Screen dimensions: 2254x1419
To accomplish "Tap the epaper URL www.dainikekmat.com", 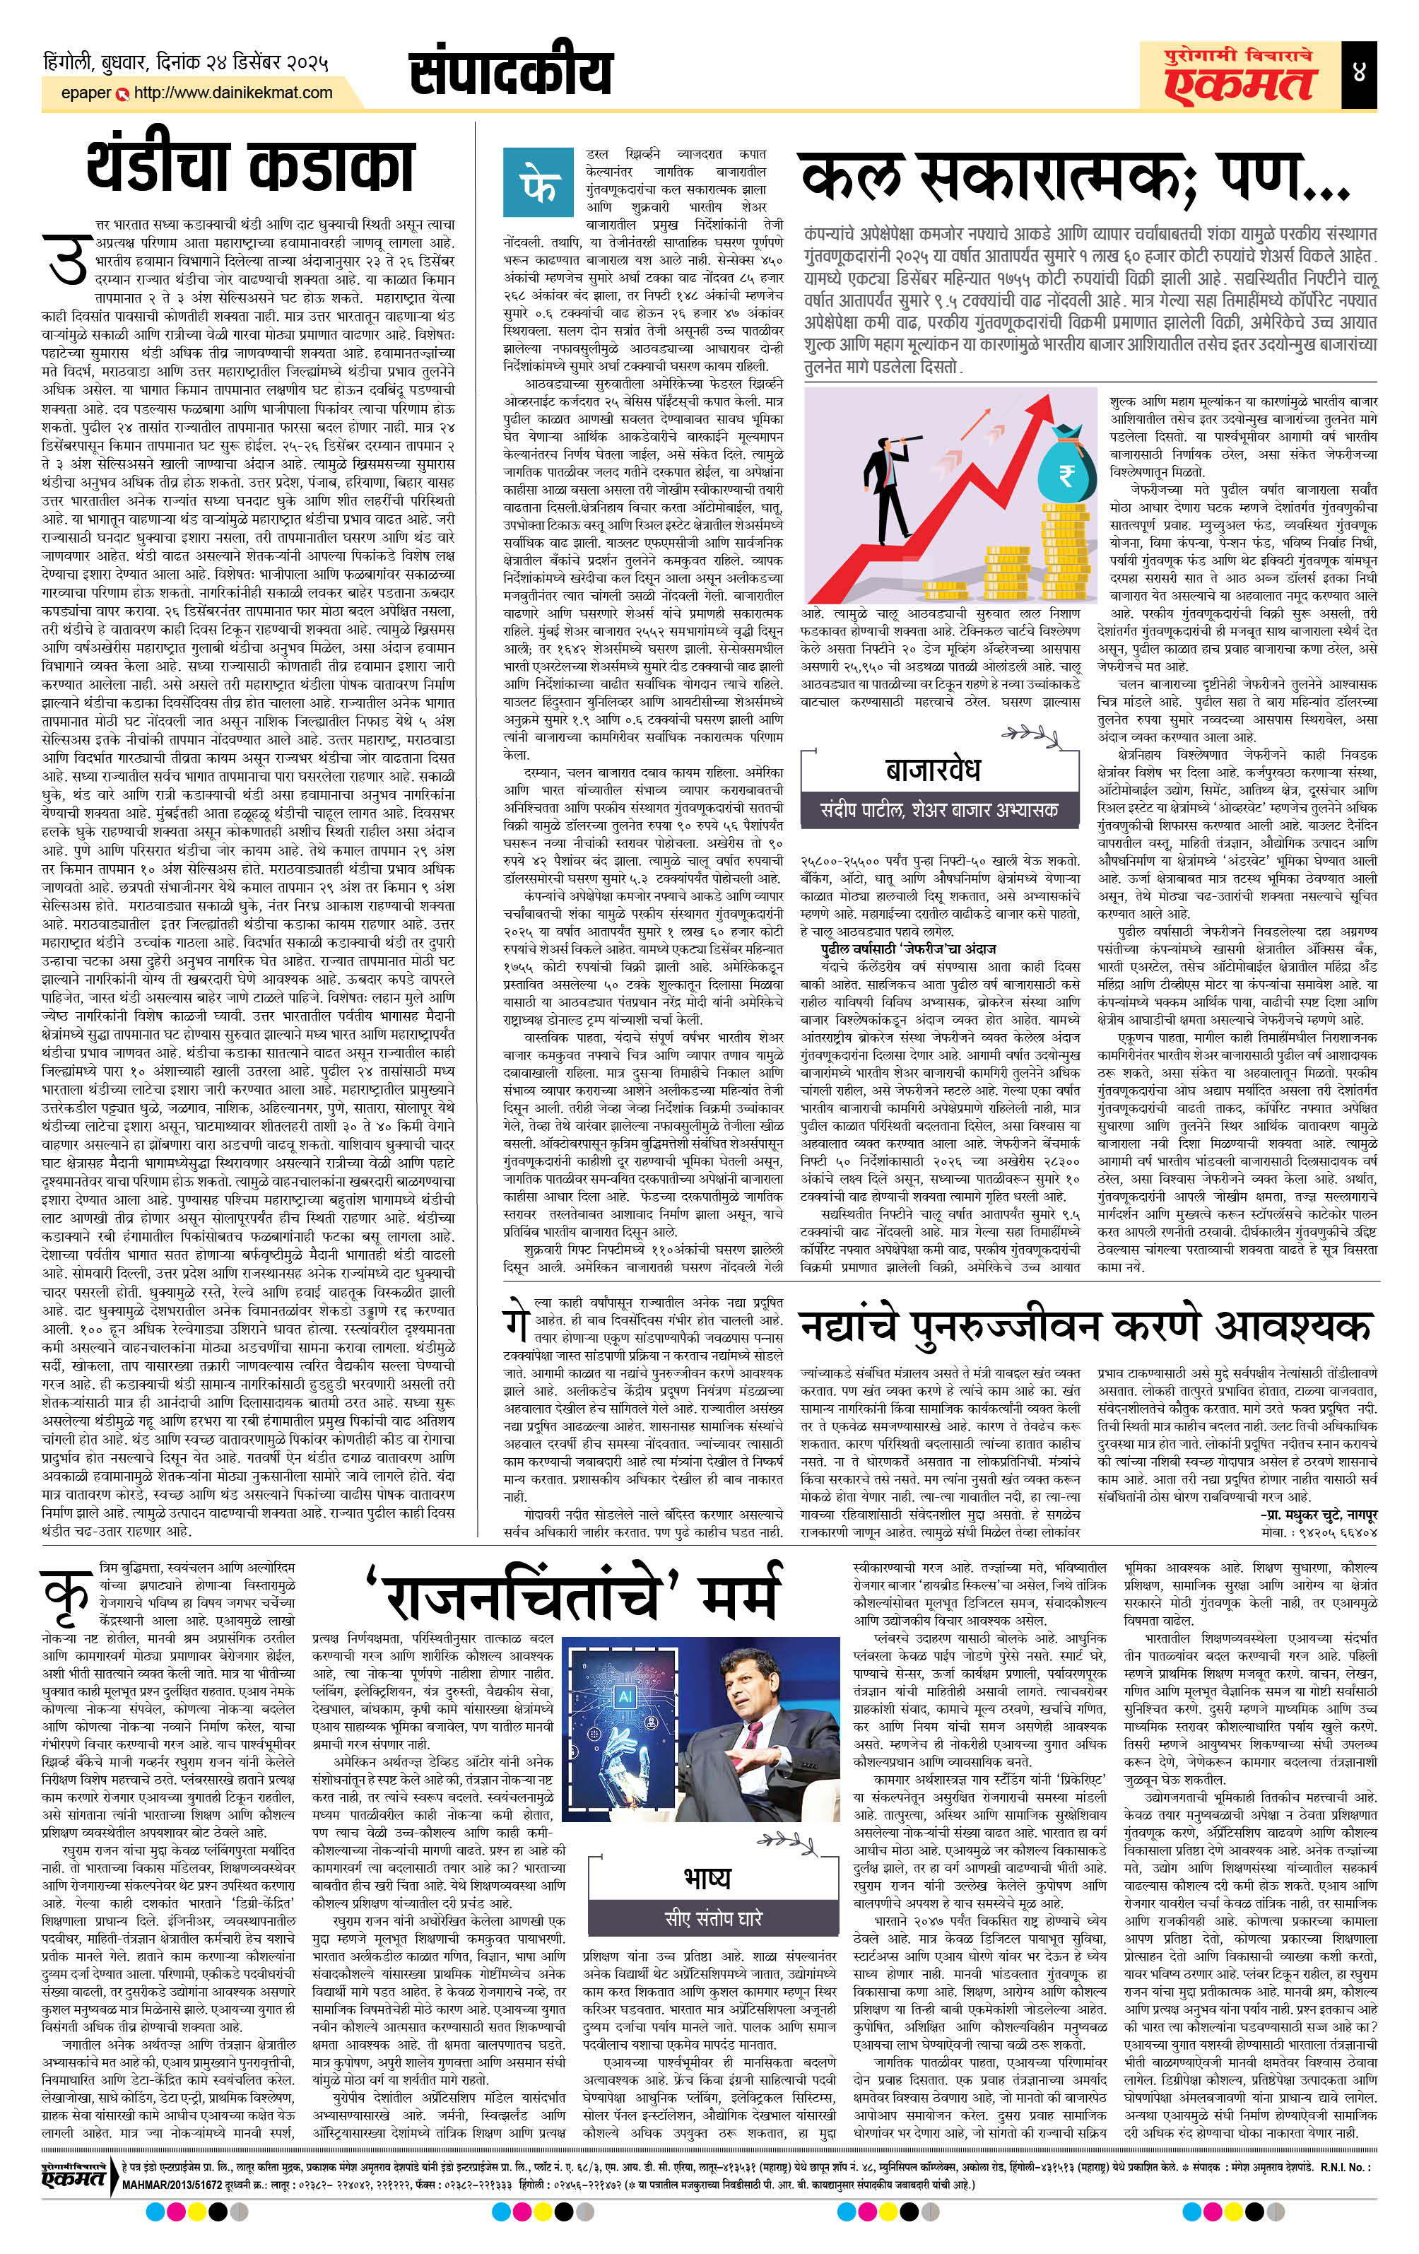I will coord(232,93).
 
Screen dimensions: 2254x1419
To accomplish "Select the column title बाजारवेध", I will coord(931,770).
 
